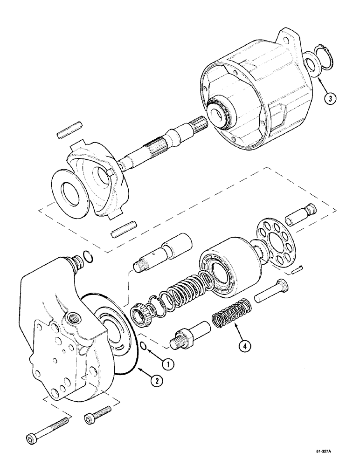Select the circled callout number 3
[x=329, y=98]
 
